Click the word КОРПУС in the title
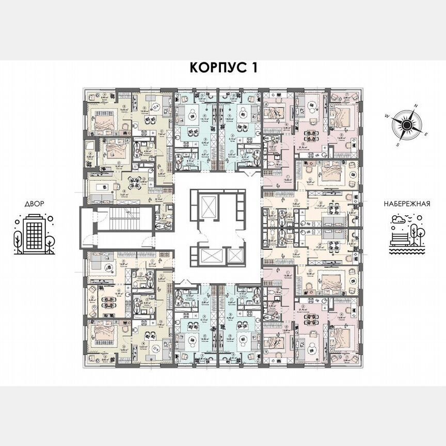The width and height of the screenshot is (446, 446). point(212,68)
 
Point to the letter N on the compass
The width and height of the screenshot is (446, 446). point(417,106)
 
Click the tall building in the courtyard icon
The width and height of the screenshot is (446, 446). point(34,234)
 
